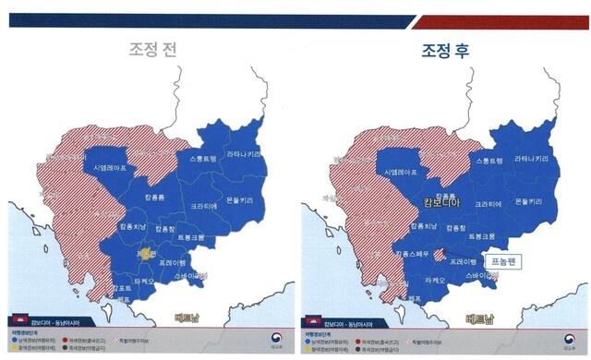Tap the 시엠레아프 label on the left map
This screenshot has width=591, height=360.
click(x=110, y=168)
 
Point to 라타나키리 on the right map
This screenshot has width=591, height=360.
click(x=535, y=159)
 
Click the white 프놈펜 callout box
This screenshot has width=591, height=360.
click(x=503, y=261)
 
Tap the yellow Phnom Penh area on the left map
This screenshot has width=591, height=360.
click(x=145, y=253)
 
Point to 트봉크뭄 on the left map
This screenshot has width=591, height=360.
click(x=191, y=239)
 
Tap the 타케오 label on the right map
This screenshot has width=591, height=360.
click(x=436, y=279)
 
